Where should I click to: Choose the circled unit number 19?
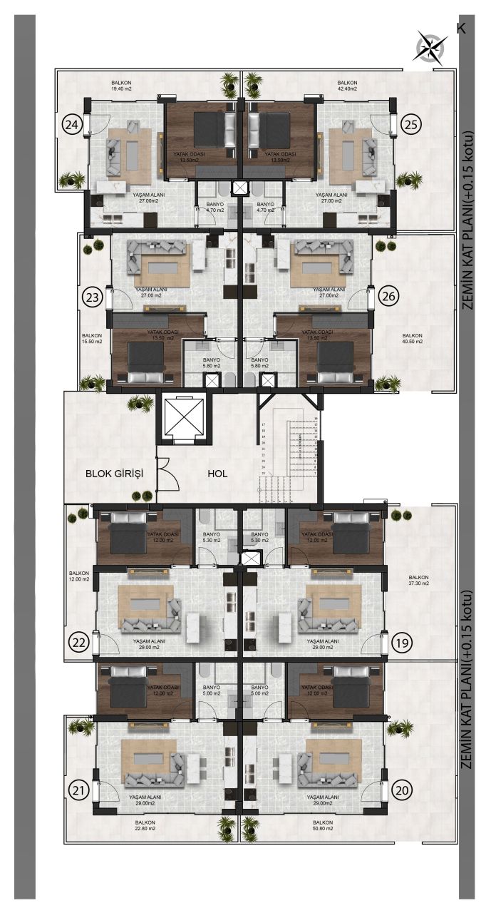(x=402, y=643)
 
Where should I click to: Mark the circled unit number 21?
(x=79, y=790)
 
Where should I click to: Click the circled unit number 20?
(x=402, y=790)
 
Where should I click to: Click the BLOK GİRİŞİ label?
(x=115, y=473)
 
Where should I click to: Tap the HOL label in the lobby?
(x=217, y=473)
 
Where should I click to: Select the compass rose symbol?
(x=430, y=48)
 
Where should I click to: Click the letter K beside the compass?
(x=460, y=28)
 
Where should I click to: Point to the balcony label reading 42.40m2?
(x=348, y=87)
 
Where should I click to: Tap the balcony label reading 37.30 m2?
(x=418, y=582)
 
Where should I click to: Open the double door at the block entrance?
(x=164, y=473)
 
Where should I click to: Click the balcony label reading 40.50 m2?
(x=413, y=339)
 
